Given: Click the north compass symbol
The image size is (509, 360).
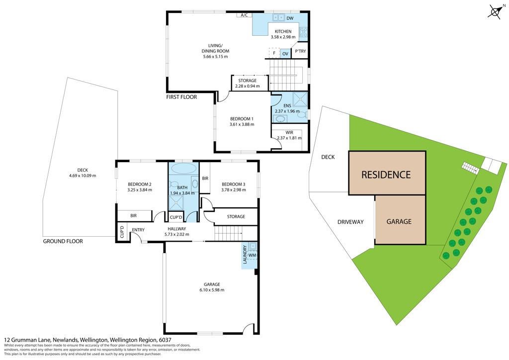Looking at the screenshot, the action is (x=496, y=12).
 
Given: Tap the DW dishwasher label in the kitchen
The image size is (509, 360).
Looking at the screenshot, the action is (x=290, y=18).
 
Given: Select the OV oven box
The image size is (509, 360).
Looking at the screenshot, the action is (x=285, y=54).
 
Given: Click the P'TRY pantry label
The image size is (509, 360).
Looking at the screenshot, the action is (x=300, y=51).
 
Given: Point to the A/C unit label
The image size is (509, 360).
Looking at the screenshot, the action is (x=244, y=15).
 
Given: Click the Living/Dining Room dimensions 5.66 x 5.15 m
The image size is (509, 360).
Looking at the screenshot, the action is (x=216, y=57).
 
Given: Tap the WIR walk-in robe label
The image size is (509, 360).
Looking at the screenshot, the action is (x=289, y=132).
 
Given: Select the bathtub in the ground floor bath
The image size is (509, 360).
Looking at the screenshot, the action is (x=184, y=169).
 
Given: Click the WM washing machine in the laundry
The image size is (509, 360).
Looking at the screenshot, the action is (x=252, y=256).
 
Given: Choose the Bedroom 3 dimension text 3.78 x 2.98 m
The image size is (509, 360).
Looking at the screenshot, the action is (x=234, y=190).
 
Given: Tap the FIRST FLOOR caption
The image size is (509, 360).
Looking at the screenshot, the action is (x=181, y=97).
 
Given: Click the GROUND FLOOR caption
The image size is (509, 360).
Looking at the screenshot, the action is (x=63, y=241).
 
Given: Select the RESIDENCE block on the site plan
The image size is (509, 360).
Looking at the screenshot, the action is (x=387, y=173).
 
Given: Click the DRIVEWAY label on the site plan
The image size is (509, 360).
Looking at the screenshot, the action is (x=350, y=222).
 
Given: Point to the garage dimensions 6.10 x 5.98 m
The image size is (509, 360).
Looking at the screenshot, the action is (x=212, y=290).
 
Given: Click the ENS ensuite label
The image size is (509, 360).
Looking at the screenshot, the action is (x=287, y=105).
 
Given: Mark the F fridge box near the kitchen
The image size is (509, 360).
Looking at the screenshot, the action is (x=274, y=53).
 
